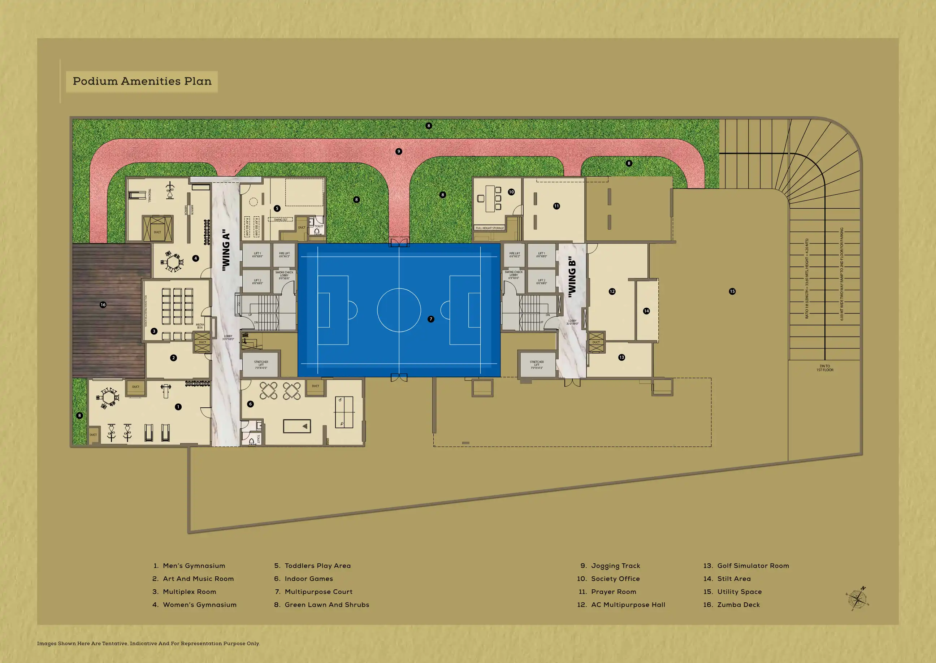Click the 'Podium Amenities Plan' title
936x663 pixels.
(142, 81)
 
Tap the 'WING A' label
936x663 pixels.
(226, 250)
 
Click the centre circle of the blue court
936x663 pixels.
(399, 310)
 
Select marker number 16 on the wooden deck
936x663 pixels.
(103, 304)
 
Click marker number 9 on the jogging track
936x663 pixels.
(399, 151)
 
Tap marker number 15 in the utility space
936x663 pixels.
(732, 291)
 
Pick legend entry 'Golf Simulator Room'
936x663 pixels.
(753, 566)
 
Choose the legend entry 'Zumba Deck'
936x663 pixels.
(738, 604)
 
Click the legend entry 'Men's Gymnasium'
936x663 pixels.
(194, 566)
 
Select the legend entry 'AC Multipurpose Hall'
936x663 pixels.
(628, 604)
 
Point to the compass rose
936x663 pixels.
(858, 599)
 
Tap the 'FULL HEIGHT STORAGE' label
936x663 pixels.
(489, 228)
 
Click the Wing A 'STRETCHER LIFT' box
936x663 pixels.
(261, 365)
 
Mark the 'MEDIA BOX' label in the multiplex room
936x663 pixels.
(200, 326)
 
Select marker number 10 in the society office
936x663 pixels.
(511, 192)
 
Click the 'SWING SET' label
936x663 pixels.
(281, 220)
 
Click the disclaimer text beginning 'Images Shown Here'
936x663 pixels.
(148, 643)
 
